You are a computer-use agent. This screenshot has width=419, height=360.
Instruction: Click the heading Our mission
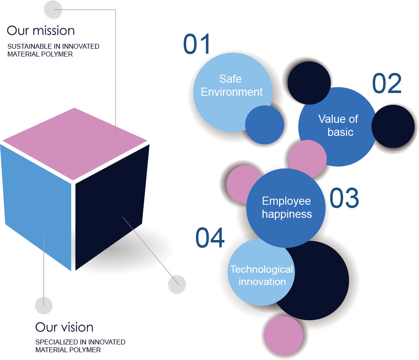click(x=41, y=30)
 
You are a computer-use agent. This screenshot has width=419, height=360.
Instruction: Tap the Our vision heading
click(x=64, y=327)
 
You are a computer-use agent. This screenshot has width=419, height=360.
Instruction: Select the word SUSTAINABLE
click(x=30, y=46)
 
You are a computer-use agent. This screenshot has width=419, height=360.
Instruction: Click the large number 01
click(x=197, y=44)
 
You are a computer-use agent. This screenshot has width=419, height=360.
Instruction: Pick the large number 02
click(x=387, y=84)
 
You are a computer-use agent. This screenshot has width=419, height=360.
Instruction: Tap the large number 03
click(x=344, y=198)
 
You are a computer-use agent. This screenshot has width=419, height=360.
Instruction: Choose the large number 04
click(x=210, y=238)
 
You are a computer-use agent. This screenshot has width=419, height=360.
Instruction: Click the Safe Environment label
click(x=232, y=85)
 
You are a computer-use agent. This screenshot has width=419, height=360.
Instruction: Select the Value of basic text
click(x=338, y=125)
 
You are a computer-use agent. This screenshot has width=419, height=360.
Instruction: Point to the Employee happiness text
click(x=287, y=208)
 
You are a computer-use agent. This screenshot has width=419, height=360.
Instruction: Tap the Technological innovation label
click(x=261, y=276)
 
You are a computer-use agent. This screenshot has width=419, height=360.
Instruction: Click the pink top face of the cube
click(x=74, y=144)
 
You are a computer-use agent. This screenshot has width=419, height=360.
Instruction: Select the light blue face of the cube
click(x=36, y=206)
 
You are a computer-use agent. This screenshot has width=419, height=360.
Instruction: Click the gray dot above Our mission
click(x=53, y=9)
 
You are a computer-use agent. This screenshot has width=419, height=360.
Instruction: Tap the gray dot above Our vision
click(x=43, y=306)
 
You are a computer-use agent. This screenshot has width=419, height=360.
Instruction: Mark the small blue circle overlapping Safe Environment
click(x=265, y=125)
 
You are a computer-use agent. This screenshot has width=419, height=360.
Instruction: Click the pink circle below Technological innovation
click(x=284, y=336)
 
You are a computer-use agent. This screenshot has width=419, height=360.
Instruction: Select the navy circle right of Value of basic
click(x=393, y=126)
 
